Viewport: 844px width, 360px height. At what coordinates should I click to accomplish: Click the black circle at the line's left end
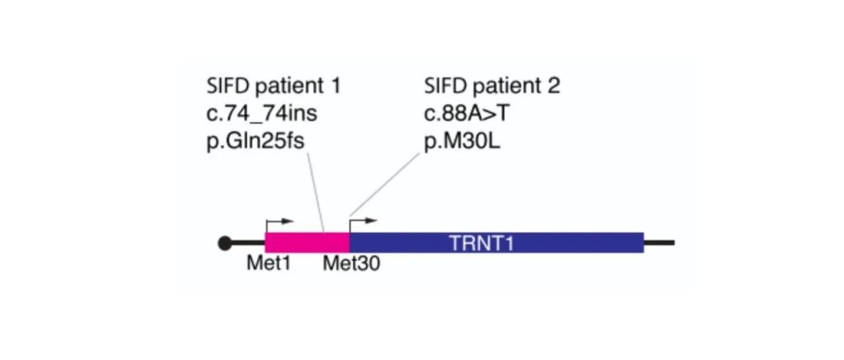(x=224, y=243)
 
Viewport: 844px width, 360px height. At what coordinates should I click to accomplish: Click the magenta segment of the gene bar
(x=307, y=242)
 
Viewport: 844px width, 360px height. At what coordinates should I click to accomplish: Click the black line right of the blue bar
(x=659, y=243)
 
